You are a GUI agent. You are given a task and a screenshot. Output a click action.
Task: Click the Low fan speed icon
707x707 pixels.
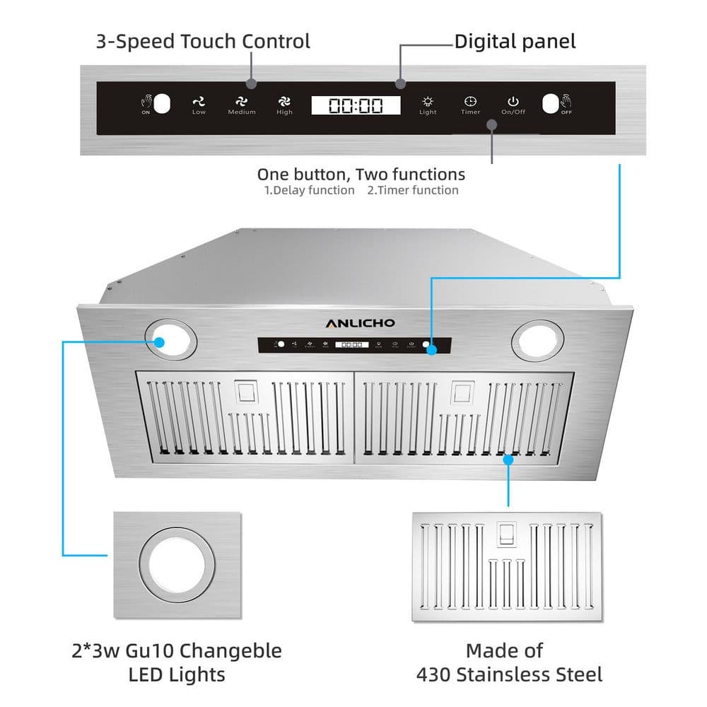[x=199, y=103]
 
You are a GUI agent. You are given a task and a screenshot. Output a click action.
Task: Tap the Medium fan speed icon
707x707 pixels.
[x=242, y=103]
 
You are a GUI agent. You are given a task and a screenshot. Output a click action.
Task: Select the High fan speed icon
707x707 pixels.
[x=284, y=103]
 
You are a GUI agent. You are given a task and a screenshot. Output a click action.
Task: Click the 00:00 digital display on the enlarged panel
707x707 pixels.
[x=356, y=106]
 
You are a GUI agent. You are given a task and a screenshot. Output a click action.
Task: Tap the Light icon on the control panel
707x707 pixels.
[x=428, y=102]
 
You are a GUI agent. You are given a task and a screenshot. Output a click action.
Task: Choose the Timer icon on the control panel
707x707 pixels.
[x=470, y=102]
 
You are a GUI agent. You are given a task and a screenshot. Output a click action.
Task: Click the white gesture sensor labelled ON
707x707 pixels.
[x=163, y=104]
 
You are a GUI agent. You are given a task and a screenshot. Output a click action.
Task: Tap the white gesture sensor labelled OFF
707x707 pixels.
[x=551, y=104]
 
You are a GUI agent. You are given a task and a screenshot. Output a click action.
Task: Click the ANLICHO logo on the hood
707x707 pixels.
[x=360, y=323]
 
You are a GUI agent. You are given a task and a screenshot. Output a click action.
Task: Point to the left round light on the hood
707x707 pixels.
[x=171, y=337]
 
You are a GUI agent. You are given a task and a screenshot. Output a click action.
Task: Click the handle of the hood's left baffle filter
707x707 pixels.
[x=247, y=391]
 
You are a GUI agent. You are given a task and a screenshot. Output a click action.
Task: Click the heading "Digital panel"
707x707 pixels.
[x=515, y=41]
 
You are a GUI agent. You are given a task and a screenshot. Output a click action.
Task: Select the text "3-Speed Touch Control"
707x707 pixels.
[x=203, y=41]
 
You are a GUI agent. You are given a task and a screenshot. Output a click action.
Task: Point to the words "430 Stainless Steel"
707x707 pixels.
[x=509, y=674]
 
